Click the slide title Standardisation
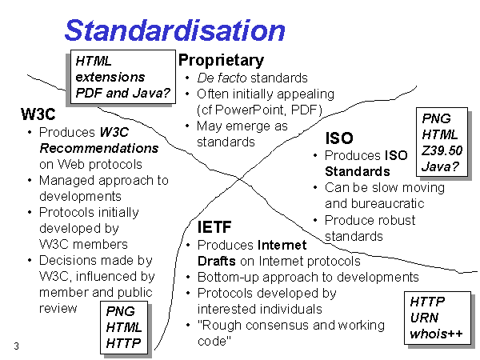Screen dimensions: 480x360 (174, 30)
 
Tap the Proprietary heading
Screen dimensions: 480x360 (221, 60)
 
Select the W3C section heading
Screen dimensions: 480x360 (38, 114)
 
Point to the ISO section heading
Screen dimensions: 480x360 (339, 138)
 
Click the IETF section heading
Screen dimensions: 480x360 (214, 227)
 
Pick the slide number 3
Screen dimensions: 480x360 (16, 346)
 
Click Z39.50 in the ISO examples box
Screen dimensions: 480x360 (442, 150)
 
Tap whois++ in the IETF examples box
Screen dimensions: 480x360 (436, 334)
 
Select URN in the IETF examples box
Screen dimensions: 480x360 (424, 318)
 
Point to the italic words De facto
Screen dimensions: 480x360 (222, 78)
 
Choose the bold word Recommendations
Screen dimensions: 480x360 (99, 148)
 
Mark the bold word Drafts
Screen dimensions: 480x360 (217, 261)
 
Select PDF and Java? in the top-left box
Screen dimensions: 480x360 (122, 93)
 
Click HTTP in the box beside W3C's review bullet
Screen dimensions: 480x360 (123, 343)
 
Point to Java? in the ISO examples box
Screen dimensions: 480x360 (440, 166)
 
